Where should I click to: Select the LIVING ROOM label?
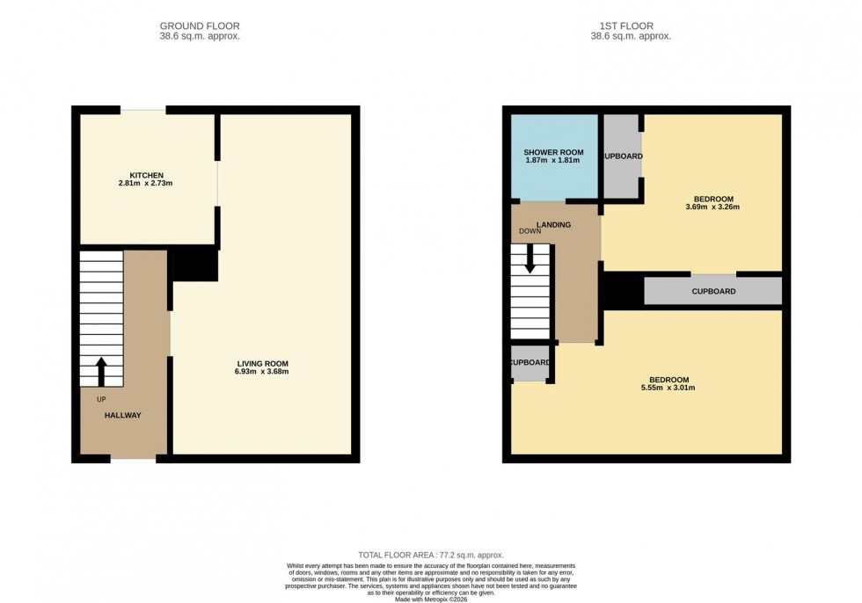click(262, 363)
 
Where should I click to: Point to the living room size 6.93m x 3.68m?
click(262, 372)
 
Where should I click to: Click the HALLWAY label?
click(123, 415)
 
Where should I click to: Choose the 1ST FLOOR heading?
click(630, 26)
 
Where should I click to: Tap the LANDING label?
click(554, 225)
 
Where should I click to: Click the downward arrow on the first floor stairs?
click(530, 259)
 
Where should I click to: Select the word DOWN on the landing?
click(530, 232)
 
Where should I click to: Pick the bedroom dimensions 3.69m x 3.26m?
click(712, 207)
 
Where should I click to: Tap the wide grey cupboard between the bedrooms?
click(712, 291)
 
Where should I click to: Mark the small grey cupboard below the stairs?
click(530, 363)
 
